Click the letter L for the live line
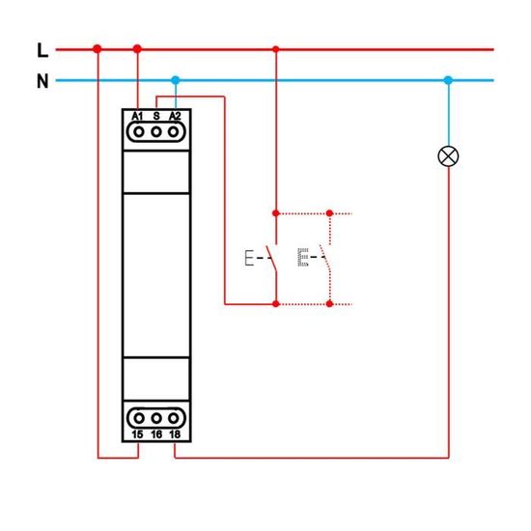coord(41,49)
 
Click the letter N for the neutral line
coord(42,81)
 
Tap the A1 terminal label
coord(137,116)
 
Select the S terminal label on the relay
coord(155,116)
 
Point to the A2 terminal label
coord(175,116)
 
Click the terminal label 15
coord(137,434)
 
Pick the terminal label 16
coord(155,434)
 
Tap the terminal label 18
coord(175,434)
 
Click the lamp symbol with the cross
coord(448,155)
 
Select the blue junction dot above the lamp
coord(448,80)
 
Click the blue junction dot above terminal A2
coord(175,80)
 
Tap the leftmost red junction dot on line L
coord(98,48)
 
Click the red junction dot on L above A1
coord(137,48)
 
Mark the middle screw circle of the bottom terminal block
coord(155,418)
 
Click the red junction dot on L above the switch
coord(276,48)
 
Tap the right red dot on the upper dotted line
coord(330,211)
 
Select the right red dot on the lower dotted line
coord(330,304)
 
